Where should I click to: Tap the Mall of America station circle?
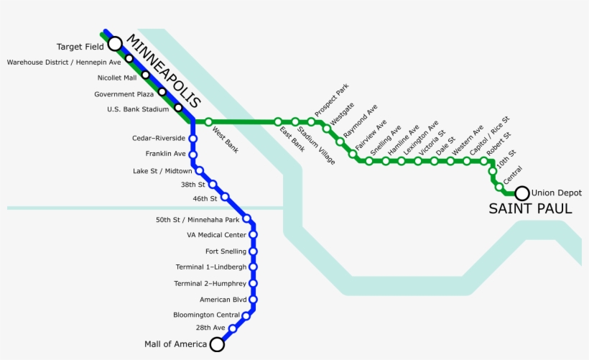click(x=216, y=345)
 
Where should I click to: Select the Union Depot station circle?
click(x=522, y=193)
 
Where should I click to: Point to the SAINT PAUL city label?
click(x=530, y=209)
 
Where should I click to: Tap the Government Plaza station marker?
click(x=162, y=91)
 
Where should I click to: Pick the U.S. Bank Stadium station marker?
click(x=178, y=108)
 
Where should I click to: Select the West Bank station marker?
click(x=209, y=122)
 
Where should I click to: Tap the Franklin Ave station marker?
click(x=193, y=154)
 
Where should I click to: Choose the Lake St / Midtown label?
click(x=162, y=171)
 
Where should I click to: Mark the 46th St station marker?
click(x=225, y=197)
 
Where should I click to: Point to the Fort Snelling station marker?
click(x=253, y=251)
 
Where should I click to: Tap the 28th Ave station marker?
click(x=233, y=328)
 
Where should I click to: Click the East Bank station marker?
click(x=278, y=122)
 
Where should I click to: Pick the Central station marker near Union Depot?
click(x=499, y=187)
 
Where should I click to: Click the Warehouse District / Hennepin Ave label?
click(x=64, y=62)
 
